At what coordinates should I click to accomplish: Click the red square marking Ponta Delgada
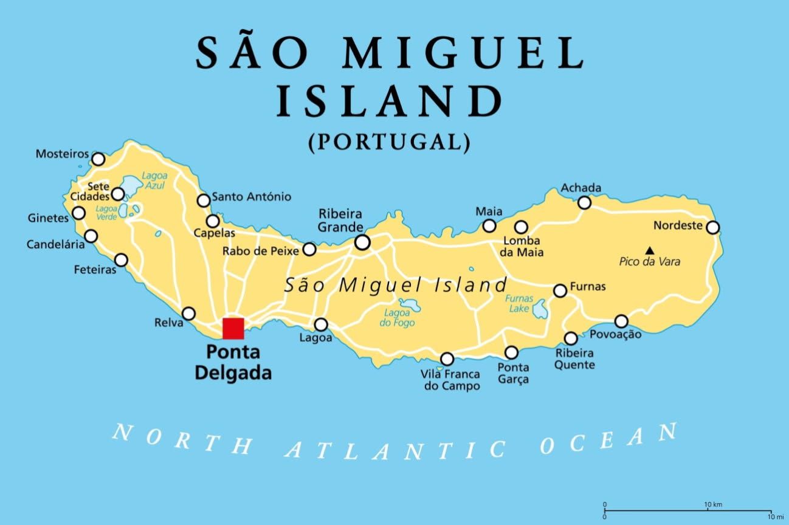[x=233, y=328]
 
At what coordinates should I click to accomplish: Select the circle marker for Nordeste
[x=713, y=227]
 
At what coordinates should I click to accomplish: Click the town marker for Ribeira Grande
[x=362, y=242]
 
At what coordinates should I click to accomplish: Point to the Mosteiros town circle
[x=98, y=159]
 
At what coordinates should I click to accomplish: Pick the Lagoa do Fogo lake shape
[x=409, y=304]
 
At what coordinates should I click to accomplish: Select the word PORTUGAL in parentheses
[x=389, y=142]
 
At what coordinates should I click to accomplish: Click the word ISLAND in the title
[x=389, y=101]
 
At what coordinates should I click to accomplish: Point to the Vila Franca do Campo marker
[x=447, y=359]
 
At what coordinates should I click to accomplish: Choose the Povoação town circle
[x=621, y=321]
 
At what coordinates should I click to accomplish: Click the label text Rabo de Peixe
[x=260, y=250]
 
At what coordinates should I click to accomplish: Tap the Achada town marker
[x=584, y=202]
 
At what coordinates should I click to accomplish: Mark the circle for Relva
[x=189, y=314]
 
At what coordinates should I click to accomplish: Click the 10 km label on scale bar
[x=712, y=505]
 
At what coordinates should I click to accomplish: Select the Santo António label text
[x=252, y=197]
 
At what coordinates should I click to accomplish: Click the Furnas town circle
[x=560, y=291]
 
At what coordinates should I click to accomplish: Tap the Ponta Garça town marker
[x=511, y=352]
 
